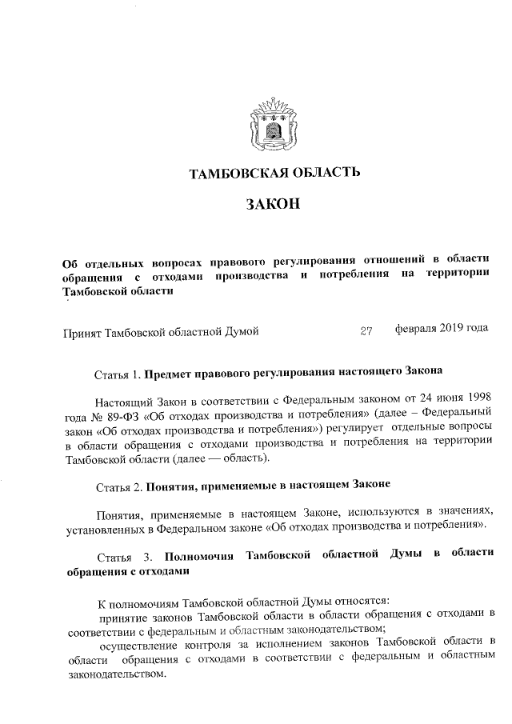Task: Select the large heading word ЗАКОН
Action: coord(274,206)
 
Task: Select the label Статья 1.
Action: coord(118,373)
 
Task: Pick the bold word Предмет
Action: coord(172,373)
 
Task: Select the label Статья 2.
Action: coord(118,486)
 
